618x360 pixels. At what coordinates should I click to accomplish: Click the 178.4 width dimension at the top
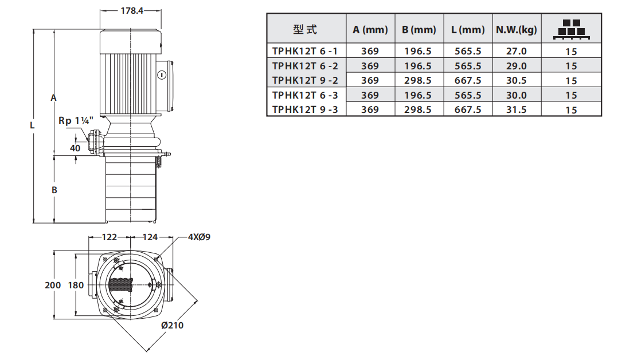(132, 10)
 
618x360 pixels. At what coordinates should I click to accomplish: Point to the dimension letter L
(33, 124)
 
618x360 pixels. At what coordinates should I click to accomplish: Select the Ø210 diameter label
(172, 325)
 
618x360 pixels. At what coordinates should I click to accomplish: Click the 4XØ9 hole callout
(199, 237)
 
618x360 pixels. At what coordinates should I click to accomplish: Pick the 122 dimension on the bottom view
(109, 237)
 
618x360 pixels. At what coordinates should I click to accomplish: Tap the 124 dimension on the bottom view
(150, 237)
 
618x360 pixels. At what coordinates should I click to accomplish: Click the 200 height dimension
(53, 285)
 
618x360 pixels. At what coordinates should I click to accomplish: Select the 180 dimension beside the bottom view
(76, 285)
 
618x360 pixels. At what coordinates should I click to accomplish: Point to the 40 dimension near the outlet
(75, 148)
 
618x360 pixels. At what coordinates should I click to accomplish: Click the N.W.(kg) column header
(516, 30)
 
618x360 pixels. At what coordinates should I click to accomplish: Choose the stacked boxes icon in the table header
(570, 29)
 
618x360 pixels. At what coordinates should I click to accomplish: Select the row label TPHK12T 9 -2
(305, 80)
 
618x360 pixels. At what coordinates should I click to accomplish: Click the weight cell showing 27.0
(516, 51)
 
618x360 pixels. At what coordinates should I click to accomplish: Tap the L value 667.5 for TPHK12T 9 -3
(468, 109)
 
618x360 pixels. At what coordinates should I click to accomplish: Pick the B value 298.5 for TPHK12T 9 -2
(418, 80)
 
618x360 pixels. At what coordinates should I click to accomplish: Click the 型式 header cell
(305, 30)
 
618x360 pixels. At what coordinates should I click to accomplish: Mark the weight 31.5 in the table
(516, 109)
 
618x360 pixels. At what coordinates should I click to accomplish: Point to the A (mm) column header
(370, 30)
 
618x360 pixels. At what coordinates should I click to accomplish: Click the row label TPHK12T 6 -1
(305, 51)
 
